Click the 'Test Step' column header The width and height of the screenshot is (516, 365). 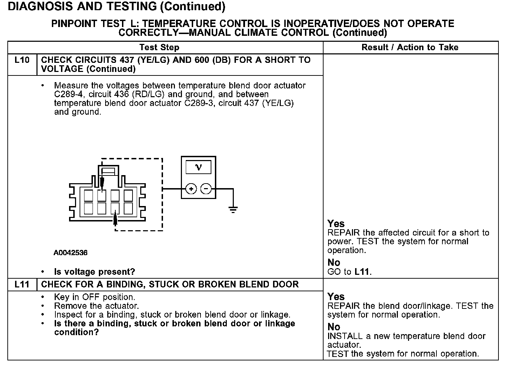pos(159,47)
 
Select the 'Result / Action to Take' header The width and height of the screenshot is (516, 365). pos(410,47)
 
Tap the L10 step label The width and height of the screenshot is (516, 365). pos(22,60)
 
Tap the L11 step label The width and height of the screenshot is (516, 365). pos(22,284)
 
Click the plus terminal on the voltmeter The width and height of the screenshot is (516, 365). pos(191,189)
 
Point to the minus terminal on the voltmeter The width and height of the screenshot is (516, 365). pos(206,189)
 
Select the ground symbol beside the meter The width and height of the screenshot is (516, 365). pos(233,210)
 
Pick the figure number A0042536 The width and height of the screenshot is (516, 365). pos(70,253)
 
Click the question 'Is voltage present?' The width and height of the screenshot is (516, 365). pos(95,272)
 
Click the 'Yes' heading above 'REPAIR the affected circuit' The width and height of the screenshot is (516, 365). pos(336,224)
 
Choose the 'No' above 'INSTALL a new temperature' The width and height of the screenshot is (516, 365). pos(334,327)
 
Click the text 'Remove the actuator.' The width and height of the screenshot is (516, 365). pos(96,306)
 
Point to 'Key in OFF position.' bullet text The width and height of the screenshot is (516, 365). pos(95,297)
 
